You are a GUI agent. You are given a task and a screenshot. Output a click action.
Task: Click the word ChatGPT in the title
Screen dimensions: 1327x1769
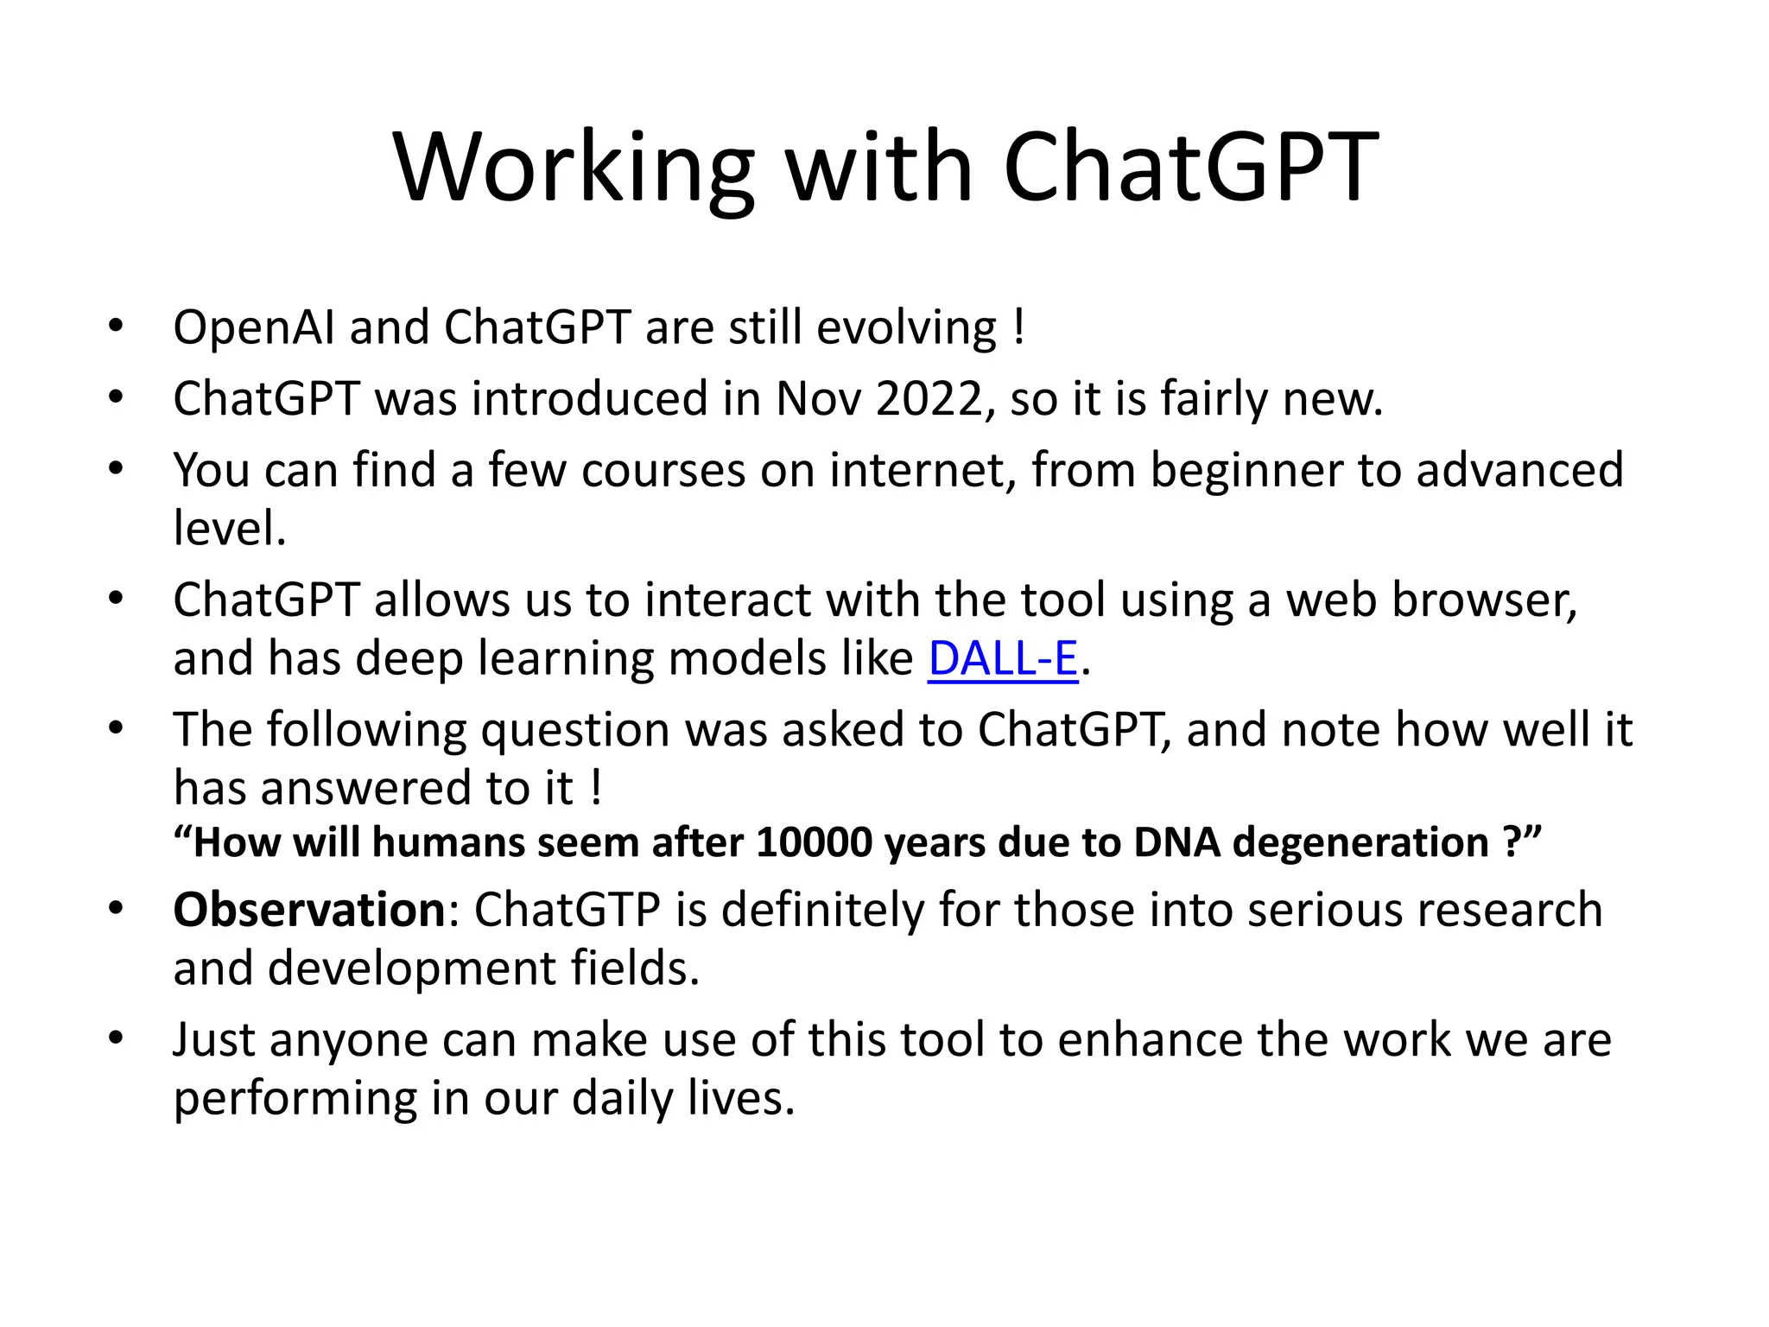coord(1190,168)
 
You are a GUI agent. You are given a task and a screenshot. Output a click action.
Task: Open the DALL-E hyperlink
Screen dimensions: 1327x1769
coord(1003,659)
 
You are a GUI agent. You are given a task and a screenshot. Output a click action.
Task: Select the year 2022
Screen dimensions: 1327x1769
coord(929,400)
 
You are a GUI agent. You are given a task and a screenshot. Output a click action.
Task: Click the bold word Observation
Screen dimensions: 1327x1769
coord(309,911)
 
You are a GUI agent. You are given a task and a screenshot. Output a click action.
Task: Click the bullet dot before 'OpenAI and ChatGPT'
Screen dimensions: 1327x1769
coord(116,327)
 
